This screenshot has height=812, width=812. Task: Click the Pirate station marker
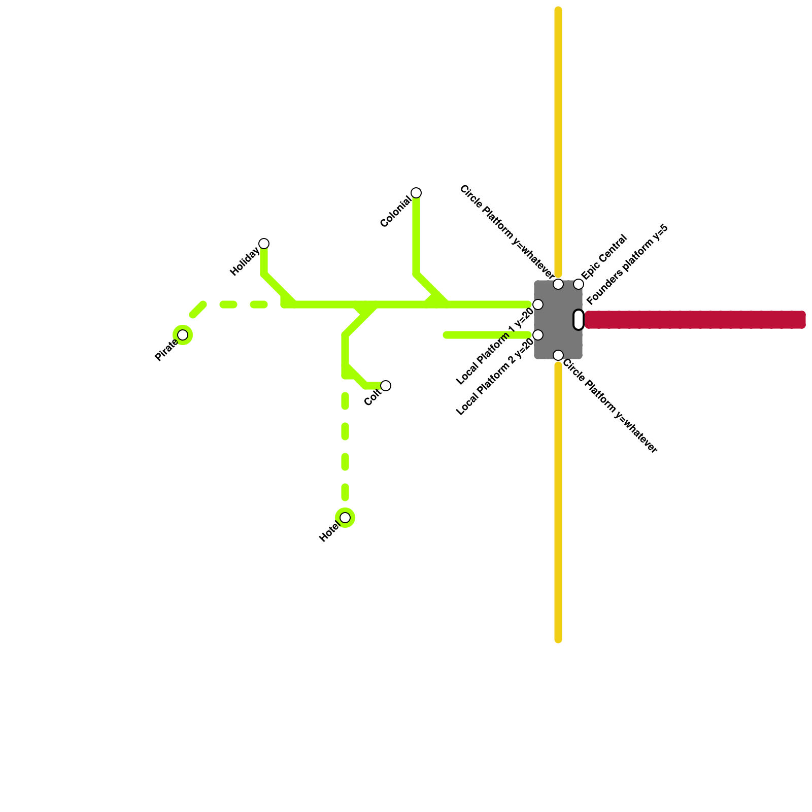coord(183,335)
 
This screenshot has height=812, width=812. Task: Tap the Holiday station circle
coord(264,244)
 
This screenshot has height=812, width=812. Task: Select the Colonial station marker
coord(416,193)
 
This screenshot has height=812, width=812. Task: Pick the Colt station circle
coord(386,386)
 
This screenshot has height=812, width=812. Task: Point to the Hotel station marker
coord(345,518)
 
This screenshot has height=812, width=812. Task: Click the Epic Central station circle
coord(579,284)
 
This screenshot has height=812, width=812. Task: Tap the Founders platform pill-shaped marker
coord(579,320)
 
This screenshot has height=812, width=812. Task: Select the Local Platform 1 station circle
coord(538,304)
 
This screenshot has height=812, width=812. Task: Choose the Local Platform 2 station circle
coord(538,335)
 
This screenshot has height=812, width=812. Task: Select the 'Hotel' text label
coord(329,532)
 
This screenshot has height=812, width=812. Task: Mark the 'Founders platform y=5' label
coord(627,264)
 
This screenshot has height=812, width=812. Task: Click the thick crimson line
coord(695,320)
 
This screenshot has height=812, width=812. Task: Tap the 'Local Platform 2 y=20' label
coord(495,377)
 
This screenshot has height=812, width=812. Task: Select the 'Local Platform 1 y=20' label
coord(495,347)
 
